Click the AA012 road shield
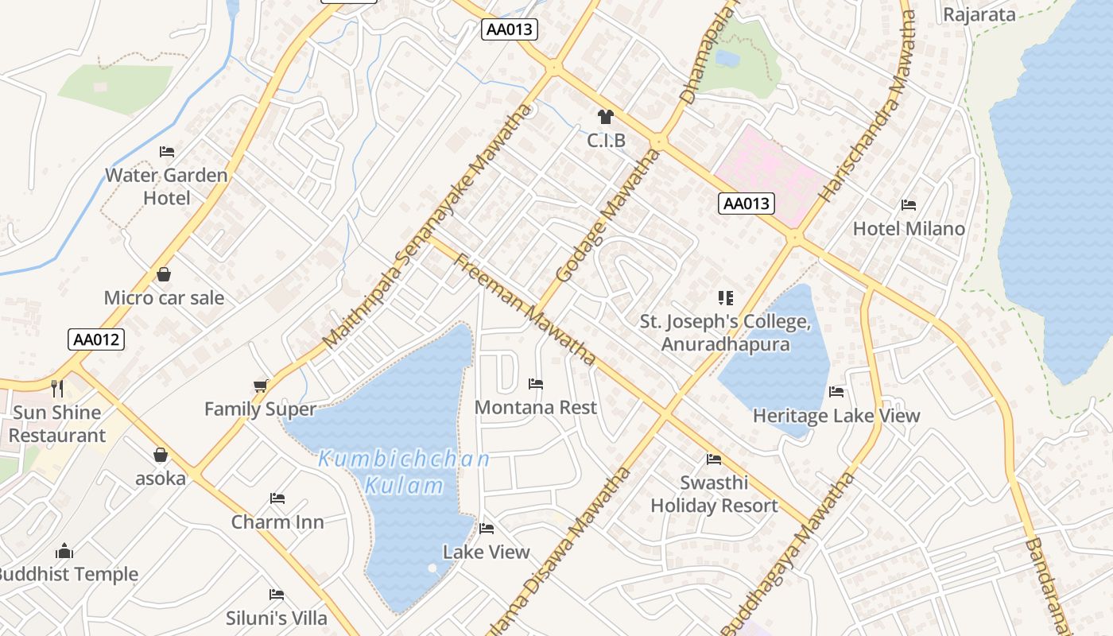[95, 339]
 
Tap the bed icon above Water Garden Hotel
[167, 151]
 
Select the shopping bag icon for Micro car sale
[164, 274]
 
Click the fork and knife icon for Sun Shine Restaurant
[56, 388]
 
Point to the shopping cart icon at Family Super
[261, 386]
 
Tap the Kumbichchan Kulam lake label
[404, 472]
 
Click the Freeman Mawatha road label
[525, 309]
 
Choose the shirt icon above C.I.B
[606, 117]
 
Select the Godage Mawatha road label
[607, 215]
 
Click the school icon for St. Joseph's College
[725, 298]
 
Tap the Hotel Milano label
[909, 229]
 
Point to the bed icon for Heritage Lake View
[836, 391]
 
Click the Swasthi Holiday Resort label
[714, 494]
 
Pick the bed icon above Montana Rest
[536, 384]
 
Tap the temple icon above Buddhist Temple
[65, 551]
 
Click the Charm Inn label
[277, 522]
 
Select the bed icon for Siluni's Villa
[277, 594]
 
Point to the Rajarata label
[979, 14]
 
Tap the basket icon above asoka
[161, 455]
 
